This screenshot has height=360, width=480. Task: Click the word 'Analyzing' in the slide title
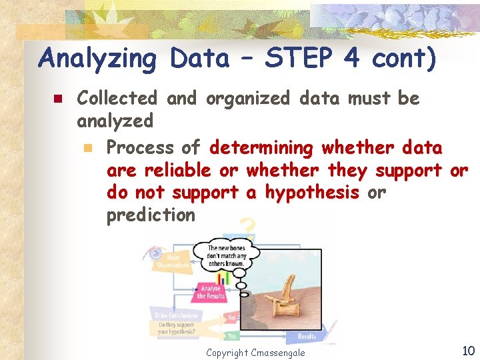(98, 59)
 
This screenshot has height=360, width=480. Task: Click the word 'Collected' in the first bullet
(117, 98)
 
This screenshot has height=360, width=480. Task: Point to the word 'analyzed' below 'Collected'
(115, 121)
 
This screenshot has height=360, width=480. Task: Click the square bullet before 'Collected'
(57, 99)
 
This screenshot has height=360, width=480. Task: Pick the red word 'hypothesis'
(313, 193)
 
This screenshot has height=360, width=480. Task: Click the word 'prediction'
(151, 215)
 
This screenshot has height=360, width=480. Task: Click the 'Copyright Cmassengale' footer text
(255, 352)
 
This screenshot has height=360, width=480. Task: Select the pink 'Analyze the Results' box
(210, 292)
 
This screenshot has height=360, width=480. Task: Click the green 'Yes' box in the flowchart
(231, 337)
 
